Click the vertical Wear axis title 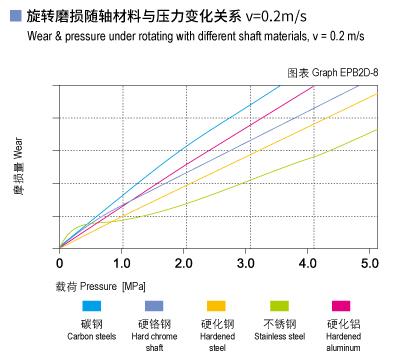coord(18,167)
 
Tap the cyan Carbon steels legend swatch coord(92,306)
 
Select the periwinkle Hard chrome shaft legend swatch coord(154,306)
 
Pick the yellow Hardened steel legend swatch coord(217,306)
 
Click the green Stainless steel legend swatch coord(280,306)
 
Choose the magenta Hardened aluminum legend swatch coord(342,306)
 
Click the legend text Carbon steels coord(92,337)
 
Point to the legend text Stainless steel coord(280,337)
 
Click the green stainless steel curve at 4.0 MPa coord(308,158)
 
